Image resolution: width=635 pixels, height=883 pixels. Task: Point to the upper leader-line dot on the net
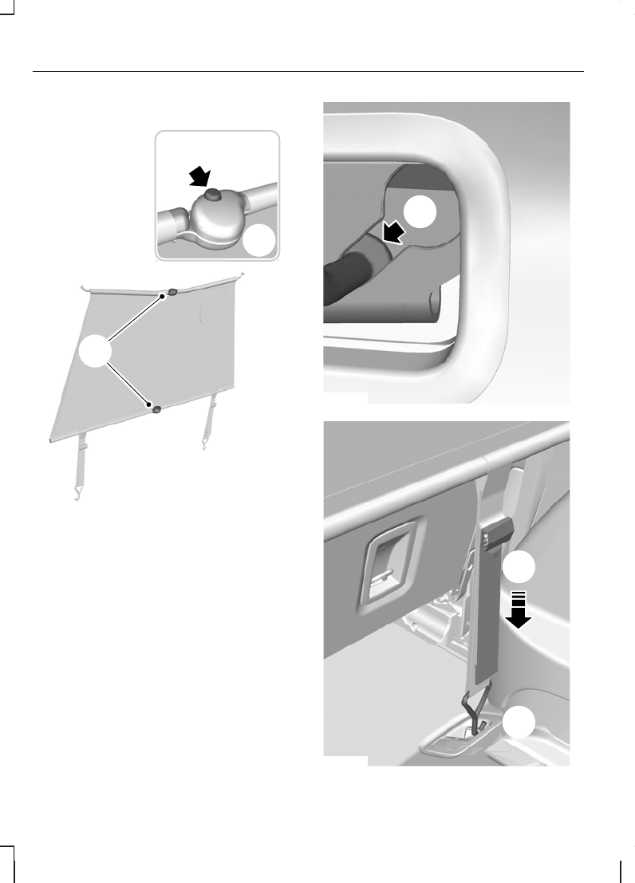click(163, 296)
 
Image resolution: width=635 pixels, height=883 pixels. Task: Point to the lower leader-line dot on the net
click(148, 404)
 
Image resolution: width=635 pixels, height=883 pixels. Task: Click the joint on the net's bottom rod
click(156, 410)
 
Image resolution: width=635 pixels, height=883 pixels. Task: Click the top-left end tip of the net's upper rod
click(83, 285)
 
